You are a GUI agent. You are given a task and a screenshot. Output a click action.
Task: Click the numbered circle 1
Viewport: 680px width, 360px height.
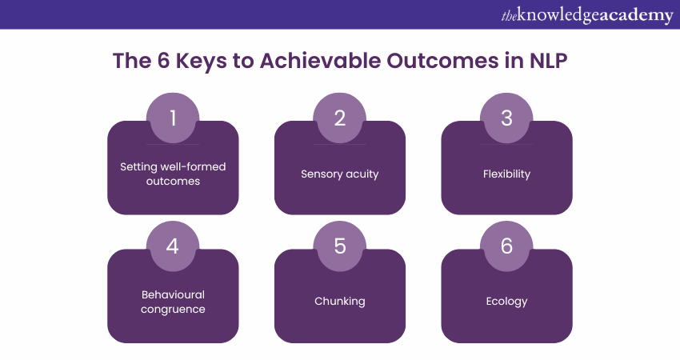coord(173,118)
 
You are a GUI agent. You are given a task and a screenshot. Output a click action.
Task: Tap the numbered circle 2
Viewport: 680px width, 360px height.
coord(339,118)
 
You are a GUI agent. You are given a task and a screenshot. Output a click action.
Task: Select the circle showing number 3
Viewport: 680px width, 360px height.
coord(506,118)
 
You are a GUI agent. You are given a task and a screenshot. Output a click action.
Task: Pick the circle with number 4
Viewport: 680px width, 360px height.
coord(173,246)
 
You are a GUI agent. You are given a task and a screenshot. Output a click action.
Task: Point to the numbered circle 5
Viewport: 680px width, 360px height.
coord(339,246)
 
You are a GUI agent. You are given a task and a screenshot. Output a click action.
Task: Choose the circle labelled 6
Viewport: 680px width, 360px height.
coord(506,246)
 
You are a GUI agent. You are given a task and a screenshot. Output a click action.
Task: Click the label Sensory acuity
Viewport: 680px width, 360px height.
coord(339,174)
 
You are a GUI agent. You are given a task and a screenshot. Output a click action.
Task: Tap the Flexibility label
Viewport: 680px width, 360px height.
coord(506,174)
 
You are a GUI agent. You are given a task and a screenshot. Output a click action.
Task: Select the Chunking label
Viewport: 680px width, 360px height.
coord(339,301)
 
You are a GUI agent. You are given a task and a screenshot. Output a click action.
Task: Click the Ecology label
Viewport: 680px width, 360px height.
coord(506,302)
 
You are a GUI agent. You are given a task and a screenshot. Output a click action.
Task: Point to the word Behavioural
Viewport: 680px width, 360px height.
coord(173,294)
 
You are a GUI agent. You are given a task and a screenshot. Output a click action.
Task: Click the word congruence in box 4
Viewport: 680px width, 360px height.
coord(173,310)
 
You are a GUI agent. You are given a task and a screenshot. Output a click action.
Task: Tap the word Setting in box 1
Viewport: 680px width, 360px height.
coord(138,167)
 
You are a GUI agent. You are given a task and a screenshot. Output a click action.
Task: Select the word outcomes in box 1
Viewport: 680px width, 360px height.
coord(173,181)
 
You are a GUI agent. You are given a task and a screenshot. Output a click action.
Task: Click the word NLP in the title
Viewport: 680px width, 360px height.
coord(548,61)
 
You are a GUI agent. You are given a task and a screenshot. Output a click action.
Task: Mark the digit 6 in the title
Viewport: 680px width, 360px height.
coord(163,61)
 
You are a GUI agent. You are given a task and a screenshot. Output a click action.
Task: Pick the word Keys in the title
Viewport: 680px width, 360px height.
coord(201,61)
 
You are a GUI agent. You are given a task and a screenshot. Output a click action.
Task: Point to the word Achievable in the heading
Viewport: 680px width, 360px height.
coord(320,61)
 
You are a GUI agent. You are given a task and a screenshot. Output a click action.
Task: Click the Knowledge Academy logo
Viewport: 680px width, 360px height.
coord(587,15)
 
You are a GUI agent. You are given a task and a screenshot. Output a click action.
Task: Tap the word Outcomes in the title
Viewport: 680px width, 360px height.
coord(442,61)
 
